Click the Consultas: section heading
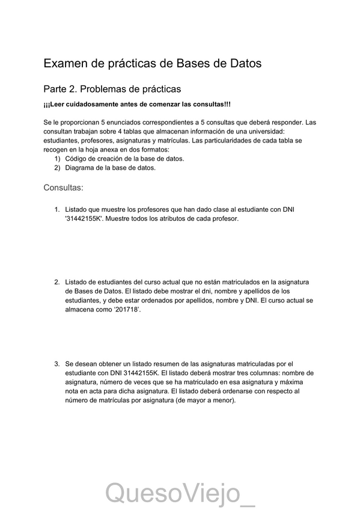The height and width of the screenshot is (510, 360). point(63,188)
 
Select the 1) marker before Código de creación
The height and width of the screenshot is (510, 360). point(57,159)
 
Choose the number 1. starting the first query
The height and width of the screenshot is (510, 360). point(57,209)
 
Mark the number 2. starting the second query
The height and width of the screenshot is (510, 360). point(57,281)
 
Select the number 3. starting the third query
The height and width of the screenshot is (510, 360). point(57,363)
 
